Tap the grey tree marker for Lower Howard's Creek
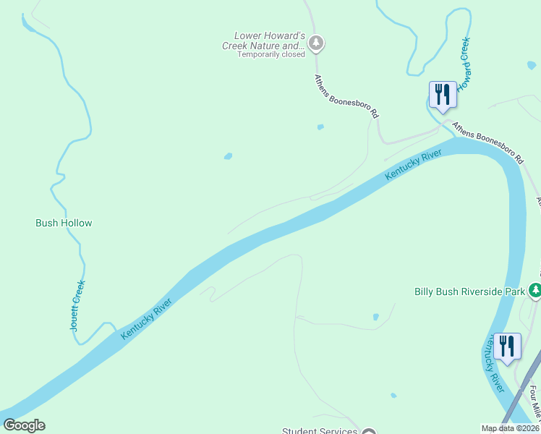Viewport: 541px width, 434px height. pos(316,43)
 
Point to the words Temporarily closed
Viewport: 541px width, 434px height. pos(271,54)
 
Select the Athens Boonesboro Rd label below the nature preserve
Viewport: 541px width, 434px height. pos(346,96)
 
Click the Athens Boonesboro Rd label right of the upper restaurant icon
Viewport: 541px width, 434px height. pos(488,140)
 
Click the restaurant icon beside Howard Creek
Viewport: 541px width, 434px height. pos(443,95)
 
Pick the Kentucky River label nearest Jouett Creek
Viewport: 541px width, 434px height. pos(147,318)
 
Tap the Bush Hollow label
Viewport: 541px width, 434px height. pos(64,224)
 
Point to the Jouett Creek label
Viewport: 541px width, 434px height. pos(78,305)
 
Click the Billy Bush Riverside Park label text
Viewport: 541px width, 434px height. pos(469,292)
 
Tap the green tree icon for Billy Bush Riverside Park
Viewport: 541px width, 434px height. pos(534,291)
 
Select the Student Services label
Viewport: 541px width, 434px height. pos(320,431)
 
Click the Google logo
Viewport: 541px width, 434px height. pos(24,425)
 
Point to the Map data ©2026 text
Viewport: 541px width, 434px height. pos(511,428)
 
